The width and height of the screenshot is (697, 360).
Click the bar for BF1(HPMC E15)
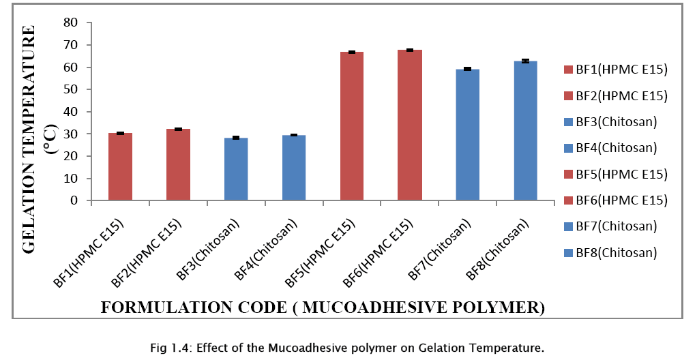click(x=119, y=167)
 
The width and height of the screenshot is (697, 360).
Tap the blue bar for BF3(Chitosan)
click(x=236, y=169)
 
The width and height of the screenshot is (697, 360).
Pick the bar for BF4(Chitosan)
click(x=294, y=168)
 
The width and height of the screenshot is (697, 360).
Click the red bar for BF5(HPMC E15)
click(x=352, y=126)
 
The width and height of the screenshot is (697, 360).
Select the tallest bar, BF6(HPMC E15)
click(x=409, y=125)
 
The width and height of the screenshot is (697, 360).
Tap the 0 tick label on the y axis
click(x=75, y=200)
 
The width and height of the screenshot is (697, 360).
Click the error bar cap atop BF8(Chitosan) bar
click(x=526, y=61)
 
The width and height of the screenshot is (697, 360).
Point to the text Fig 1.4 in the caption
click(x=168, y=348)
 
